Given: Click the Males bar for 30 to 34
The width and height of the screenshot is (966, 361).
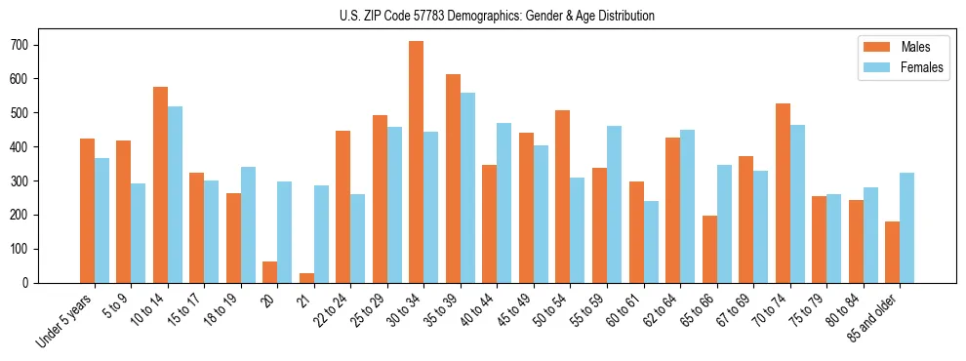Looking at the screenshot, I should (417, 162).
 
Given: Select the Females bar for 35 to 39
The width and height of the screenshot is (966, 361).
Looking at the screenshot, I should (467, 187).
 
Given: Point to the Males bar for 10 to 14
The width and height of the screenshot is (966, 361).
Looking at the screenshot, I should (160, 184).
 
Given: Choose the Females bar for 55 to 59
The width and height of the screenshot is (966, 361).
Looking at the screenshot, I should (614, 204).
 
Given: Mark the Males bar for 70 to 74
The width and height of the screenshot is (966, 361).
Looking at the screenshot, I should (783, 193).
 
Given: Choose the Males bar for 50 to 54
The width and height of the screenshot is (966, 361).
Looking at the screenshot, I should (563, 196).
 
